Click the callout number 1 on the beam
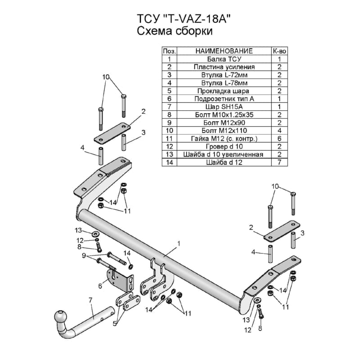coord(179,243)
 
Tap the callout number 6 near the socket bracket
coord(100,286)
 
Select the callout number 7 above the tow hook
coord(90,300)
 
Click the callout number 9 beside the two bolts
coord(84,255)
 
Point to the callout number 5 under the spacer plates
coord(115,324)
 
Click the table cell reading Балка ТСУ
coord(224,59)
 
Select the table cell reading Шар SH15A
coord(224,107)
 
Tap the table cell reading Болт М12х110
coord(224,130)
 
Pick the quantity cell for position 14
coord(279,162)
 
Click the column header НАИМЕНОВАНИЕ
coord(224,51)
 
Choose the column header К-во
coord(279,51)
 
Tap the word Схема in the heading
coord(154,31)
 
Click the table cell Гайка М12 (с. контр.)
coord(224,139)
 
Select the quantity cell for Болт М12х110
coord(279,130)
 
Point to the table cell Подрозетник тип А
coord(224,99)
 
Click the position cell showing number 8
coord(169,115)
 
